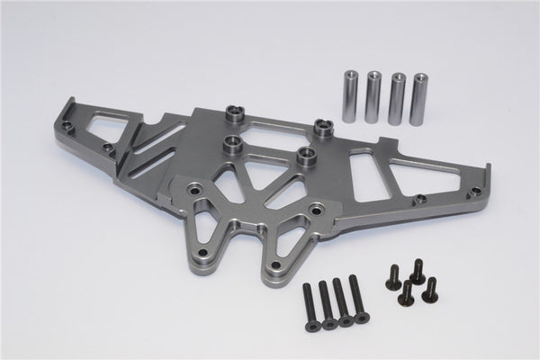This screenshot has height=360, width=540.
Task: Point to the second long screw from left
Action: click(325, 301)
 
